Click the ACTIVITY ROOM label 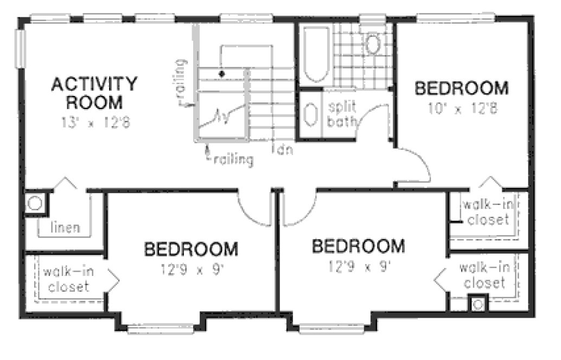coord(94,93)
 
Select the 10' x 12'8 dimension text coord(462,109)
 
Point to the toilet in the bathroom coord(372,44)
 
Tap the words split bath coord(340,113)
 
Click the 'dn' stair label coord(283,149)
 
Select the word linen coord(65,227)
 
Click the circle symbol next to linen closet coord(35,203)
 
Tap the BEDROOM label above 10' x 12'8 coord(462,88)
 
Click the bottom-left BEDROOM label coord(190,249)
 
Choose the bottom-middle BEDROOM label coord(358,246)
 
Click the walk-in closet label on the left coord(68,279)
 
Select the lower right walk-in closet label coord(484,275)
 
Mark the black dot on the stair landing coord(221,73)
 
